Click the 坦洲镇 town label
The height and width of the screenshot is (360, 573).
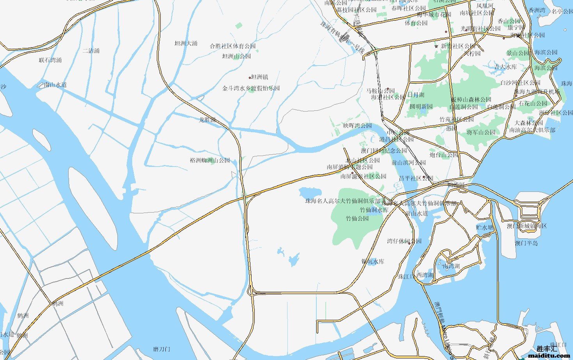pos(260,77)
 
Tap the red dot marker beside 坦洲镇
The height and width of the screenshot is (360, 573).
pos(250,78)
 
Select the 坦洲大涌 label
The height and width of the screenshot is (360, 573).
pos(186,43)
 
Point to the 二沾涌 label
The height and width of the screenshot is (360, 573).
pos(91,51)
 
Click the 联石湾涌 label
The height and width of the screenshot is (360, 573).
pos(50,60)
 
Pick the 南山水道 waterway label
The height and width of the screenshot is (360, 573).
pos(55,85)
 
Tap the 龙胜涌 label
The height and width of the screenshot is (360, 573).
pos(208,120)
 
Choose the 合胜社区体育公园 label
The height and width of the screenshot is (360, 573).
pos(232,46)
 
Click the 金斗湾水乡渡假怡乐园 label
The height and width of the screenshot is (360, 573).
pos(251,89)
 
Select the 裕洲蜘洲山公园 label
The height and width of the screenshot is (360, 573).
pos(210,160)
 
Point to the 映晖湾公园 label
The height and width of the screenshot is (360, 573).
pos(357,126)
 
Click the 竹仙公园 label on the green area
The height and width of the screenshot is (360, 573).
pos(357,218)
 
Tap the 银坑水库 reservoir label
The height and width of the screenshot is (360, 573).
pos(373,261)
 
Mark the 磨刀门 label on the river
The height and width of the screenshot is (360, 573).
pos(161,349)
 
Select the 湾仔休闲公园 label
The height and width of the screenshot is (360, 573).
pos(404,241)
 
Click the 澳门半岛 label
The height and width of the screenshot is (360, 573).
pos(526,243)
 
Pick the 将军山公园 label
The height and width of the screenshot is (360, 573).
pos(481,132)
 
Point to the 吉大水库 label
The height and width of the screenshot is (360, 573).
pos(506,67)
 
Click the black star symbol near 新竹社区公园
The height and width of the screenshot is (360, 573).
pos(436,46)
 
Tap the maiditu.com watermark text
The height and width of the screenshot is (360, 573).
pos(549,355)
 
